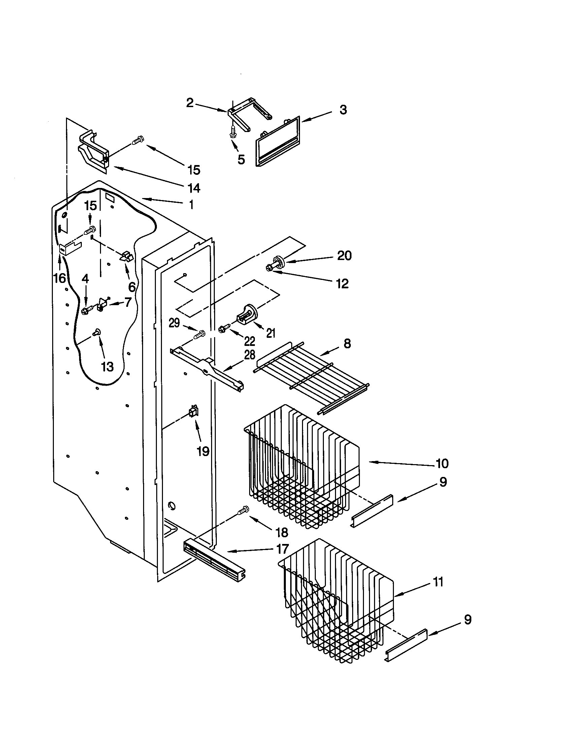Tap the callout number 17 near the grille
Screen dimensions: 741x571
pyautogui.click(x=282, y=549)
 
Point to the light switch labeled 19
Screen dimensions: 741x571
pyautogui.click(x=194, y=413)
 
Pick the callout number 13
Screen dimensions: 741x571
pyautogui.click(x=107, y=367)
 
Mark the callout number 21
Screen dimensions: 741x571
pyautogui.click(x=270, y=333)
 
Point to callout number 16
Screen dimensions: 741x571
pyautogui.click(x=60, y=278)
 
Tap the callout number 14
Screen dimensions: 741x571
pyautogui.click(x=194, y=188)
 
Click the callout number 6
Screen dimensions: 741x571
pyautogui.click(x=132, y=287)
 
